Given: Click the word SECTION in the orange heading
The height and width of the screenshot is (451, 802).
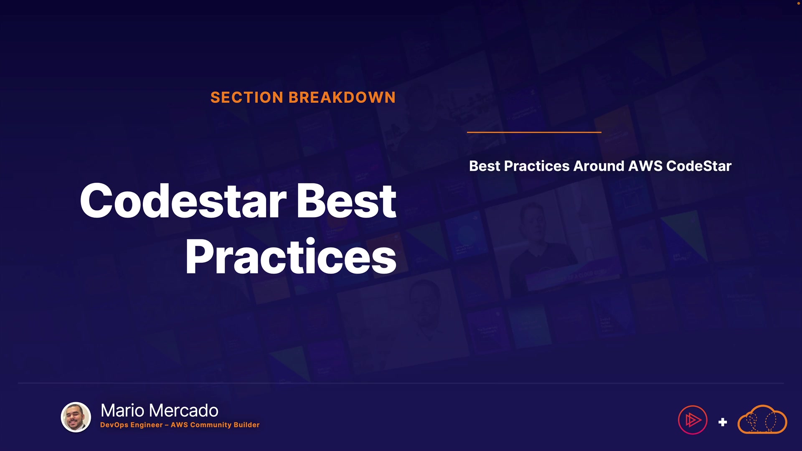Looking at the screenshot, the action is (x=247, y=97).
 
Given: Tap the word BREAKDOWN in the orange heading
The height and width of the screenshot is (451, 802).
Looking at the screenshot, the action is (x=342, y=97).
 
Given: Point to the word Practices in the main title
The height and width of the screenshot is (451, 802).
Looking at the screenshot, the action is (x=291, y=256).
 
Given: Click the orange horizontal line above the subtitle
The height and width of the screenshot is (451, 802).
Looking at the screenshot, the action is (x=534, y=132).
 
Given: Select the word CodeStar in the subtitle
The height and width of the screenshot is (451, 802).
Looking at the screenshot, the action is (x=699, y=166).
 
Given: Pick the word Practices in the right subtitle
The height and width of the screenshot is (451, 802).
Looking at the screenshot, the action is (x=537, y=166).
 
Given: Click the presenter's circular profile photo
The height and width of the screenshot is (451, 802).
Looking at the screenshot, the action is (x=76, y=417).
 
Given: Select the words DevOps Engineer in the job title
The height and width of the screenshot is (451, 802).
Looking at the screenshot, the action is (x=132, y=425).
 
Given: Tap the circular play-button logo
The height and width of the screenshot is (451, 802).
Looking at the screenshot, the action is (x=693, y=420).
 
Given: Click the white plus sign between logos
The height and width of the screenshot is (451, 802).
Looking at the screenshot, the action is (x=723, y=422).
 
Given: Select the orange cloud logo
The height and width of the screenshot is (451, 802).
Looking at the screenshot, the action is (x=762, y=419).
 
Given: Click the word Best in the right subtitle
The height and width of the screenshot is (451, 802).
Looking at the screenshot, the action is (x=485, y=166).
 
